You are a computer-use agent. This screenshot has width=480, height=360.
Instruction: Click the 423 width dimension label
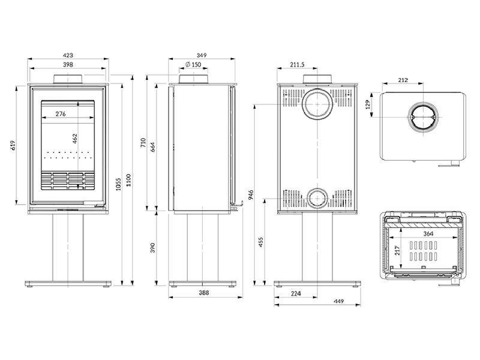click(67, 55)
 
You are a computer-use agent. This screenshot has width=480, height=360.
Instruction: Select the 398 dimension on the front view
click(67, 65)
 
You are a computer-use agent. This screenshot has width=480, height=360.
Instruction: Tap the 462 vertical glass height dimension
click(74, 139)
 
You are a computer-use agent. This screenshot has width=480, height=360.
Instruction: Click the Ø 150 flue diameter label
click(193, 65)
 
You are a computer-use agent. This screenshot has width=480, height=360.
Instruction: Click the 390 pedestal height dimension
click(152, 247)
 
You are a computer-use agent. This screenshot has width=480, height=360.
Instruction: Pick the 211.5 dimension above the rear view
click(296, 65)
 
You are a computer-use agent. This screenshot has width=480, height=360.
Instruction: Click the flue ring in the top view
click(424, 118)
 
